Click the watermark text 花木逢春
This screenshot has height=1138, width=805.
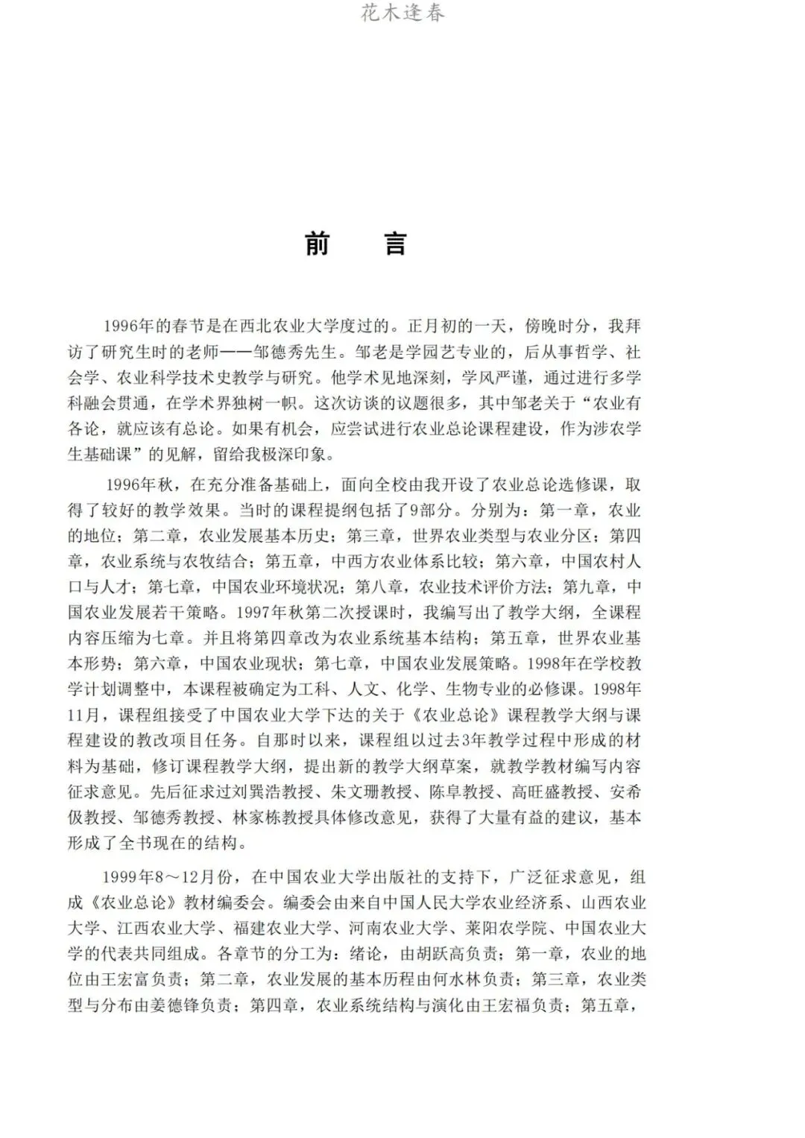click(402, 13)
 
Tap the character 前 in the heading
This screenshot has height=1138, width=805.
click(318, 244)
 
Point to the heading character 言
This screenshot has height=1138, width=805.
click(397, 244)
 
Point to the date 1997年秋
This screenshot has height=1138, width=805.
click(269, 613)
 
